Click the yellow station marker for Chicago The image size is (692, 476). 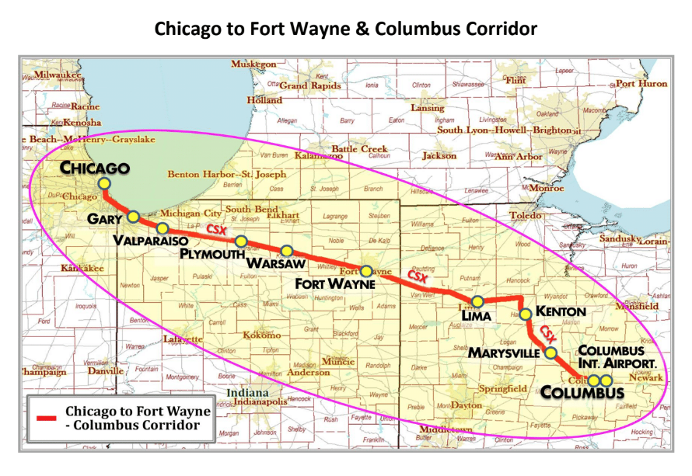tap(104, 182)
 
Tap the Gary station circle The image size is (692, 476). tap(134, 217)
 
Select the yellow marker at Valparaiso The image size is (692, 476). tap(163, 228)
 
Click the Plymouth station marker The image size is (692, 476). tap(241, 241)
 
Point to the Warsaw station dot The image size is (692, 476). tap(287, 251)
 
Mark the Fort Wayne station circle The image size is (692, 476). tap(366, 272)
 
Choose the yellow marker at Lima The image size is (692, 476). tap(477, 301)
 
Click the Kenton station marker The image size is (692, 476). tap(526, 314)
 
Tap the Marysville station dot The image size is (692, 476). tap(551, 353)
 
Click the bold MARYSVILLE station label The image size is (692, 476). tap(504, 353)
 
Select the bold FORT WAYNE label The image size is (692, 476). tap(335, 285)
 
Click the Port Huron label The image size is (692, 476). tap(641, 83)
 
